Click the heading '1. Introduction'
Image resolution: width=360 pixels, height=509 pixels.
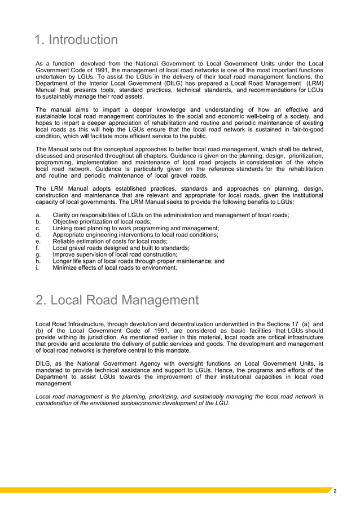tap(77, 41)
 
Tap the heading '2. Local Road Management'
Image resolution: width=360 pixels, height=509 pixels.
tap(117, 301)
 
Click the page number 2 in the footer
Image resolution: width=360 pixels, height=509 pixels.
tap(335, 492)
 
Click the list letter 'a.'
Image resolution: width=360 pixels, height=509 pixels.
tap(38, 216)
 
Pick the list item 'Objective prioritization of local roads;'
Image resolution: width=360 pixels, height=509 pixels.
tap(102, 222)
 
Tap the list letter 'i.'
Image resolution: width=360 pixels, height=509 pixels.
tap(37, 268)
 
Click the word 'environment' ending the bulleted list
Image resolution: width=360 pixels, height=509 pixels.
tap(157, 268)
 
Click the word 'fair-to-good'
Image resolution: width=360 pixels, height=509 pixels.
tap(305, 129)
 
